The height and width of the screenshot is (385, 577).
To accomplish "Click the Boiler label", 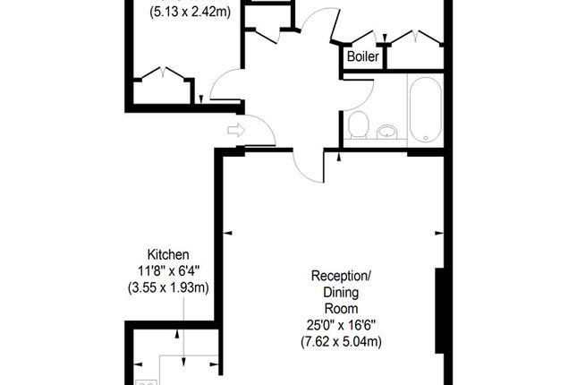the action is pyautogui.click(x=363, y=56).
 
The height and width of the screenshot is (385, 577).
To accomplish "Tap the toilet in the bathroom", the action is pyautogui.click(x=359, y=124).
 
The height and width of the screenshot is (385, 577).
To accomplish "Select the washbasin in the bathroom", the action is pyautogui.click(x=387, y=131).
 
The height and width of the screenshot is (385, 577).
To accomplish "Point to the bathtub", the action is pyautogui.click(x=426, y=109).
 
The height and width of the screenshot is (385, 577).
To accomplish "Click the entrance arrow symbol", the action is pyautogui.click(x=236, y=130).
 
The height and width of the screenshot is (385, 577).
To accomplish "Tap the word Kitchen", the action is pyautogui.click(x=168, y=254).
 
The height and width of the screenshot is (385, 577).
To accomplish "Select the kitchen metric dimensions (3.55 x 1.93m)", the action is pyautogui.click(x=168, y=287).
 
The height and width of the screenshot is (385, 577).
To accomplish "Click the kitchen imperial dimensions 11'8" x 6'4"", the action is pyautogui.click(x=168, y=271).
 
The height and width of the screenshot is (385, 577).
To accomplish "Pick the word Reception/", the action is pyautogui.click(x=341, y=276).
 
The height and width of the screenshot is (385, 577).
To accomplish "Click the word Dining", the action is pyautogui.click(x=341, y=293).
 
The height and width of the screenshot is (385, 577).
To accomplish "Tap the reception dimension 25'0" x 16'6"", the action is pyautogui.click(x=341, y=325).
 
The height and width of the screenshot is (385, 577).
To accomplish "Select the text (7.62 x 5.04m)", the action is pyautogui.click(x=341, y=341).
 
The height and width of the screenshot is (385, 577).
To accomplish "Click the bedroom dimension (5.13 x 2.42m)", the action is pyautogui.click(x=190, y=12).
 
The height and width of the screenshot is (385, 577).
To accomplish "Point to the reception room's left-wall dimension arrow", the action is pyautogui.click(x=228, y=233).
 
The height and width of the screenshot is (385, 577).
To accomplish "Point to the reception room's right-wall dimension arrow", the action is pyautogui.click(x=439, y=233).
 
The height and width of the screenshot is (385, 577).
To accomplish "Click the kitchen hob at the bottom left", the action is pyautogui.click(x=147, y=382).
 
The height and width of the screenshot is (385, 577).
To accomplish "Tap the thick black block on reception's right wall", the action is pyautogui.click(x=440, y=311).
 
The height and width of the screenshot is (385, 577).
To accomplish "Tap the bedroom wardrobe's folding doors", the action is pyautogui.click(x=163, y=73).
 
